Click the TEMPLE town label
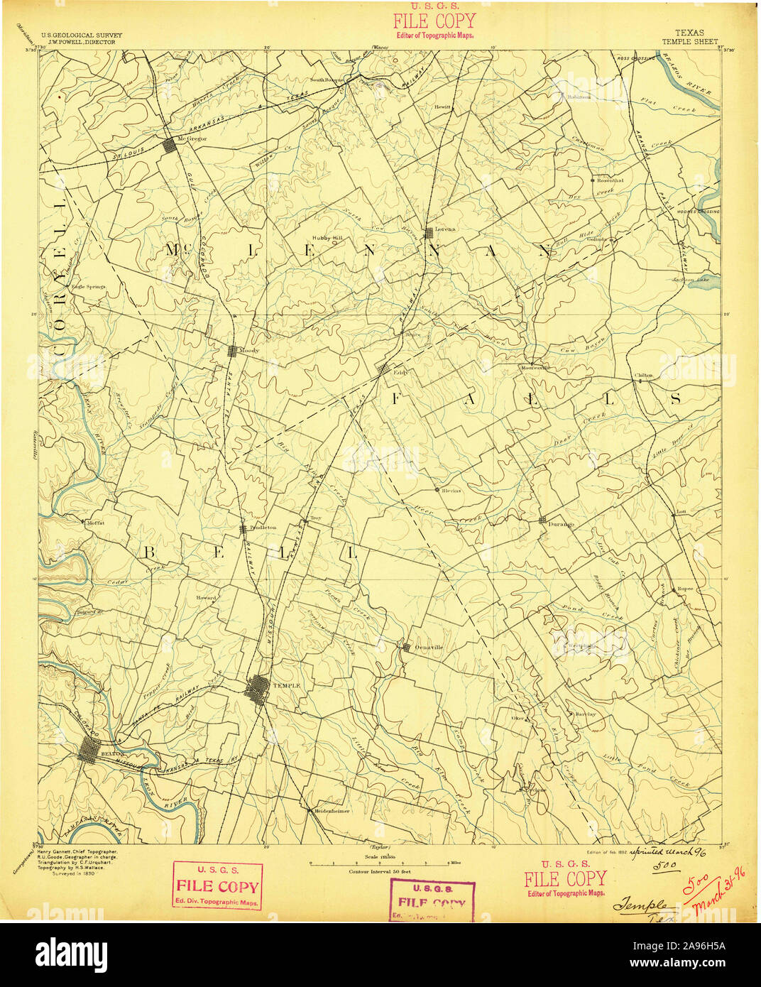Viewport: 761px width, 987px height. [286, 685]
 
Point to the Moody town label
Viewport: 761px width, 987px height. [251, 351]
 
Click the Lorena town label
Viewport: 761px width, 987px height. [447, 230]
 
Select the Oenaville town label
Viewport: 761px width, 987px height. [428, 647]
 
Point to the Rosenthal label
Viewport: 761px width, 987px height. [611, 180]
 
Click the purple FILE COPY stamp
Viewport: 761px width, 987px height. [432, 900]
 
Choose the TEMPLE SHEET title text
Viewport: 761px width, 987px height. [690, 42]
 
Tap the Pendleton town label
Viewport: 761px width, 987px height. [262, 528]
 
